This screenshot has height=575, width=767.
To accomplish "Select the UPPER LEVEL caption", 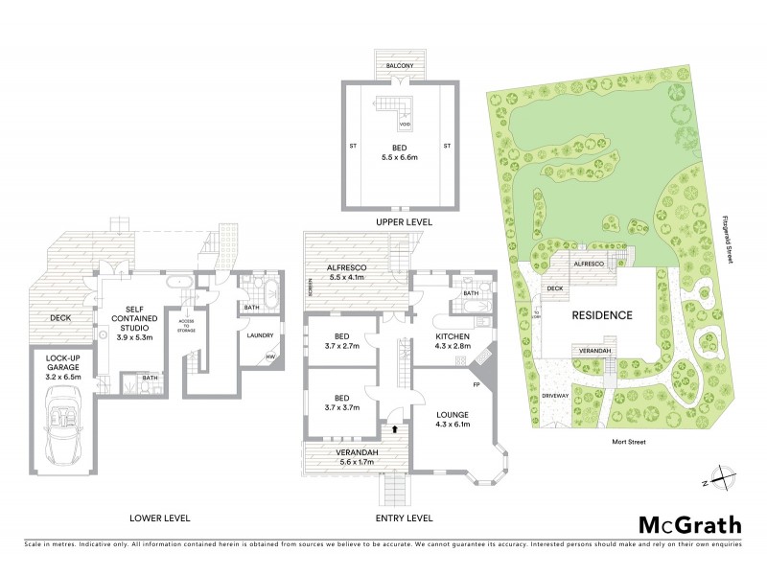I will pos(403,221).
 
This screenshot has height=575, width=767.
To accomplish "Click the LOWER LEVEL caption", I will pos(159,517).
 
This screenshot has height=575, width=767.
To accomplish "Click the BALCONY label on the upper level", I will pos(402,65).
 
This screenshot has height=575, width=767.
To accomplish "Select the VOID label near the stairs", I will pos(405,125).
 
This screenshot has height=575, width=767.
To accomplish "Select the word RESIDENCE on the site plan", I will pos(602,314).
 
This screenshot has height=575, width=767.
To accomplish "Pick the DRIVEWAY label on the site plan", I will pos(556,393).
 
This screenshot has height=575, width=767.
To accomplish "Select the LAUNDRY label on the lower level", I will pos(260,335).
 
